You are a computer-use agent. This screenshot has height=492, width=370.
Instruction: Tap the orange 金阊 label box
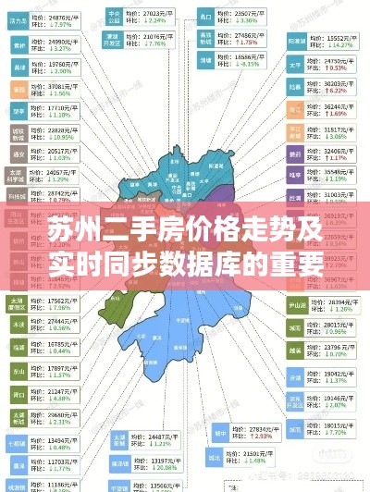coord(18,90)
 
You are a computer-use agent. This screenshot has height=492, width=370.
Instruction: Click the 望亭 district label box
coord(18,111)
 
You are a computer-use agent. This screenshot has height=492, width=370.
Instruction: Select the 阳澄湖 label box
coord(297,41)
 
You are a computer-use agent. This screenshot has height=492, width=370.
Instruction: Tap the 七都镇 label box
coord(18,442)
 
